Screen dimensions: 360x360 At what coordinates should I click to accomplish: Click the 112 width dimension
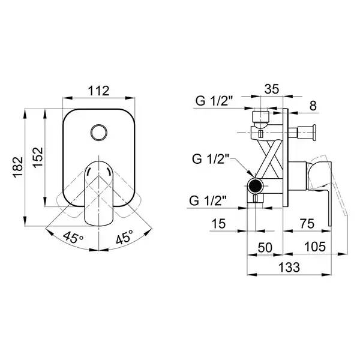pyautogui.click(x=99, y=91)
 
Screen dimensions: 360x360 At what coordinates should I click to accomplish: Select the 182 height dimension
pyautogui.click(x=18, y=167)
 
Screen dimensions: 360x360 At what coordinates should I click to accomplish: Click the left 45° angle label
pyautogui.click(x=73, y=237)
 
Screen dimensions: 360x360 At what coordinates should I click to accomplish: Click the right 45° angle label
pyautogui.click(x=125, y=237)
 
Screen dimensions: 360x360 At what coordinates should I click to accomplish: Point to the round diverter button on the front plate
pyautogui.click(x=99, y=133)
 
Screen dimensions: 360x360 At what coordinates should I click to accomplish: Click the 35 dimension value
pyautogui.click(x=272, y=89)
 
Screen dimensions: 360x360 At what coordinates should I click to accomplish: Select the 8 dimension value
pyautogui.click(x=313, y=106)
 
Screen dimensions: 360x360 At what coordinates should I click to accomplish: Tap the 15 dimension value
pyautogui.click(x=218, y=224)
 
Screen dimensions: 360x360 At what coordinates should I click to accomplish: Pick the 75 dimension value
pyautogui.click(x=307, y=224)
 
